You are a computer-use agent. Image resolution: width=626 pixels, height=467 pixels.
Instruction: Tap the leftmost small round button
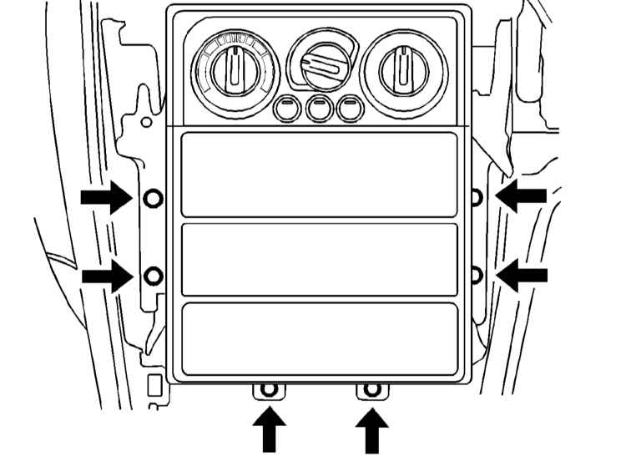286,108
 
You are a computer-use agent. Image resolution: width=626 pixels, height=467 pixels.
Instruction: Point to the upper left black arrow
106,198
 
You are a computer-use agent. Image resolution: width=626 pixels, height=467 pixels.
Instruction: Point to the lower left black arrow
106,277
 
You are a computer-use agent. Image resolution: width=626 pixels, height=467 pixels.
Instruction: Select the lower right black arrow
523,275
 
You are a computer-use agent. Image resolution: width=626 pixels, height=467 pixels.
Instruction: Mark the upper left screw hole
152,198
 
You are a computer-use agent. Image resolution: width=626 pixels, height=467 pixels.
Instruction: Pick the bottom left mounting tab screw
268,390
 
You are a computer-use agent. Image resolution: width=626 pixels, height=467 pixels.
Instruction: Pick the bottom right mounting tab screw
372,390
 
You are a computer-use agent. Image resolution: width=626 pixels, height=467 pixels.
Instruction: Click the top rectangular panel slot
320,175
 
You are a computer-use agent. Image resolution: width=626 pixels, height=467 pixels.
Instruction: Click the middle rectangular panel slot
320,259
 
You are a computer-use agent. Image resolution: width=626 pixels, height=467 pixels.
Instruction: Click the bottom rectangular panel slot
320,338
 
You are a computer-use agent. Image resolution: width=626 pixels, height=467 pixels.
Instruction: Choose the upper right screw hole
477,197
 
